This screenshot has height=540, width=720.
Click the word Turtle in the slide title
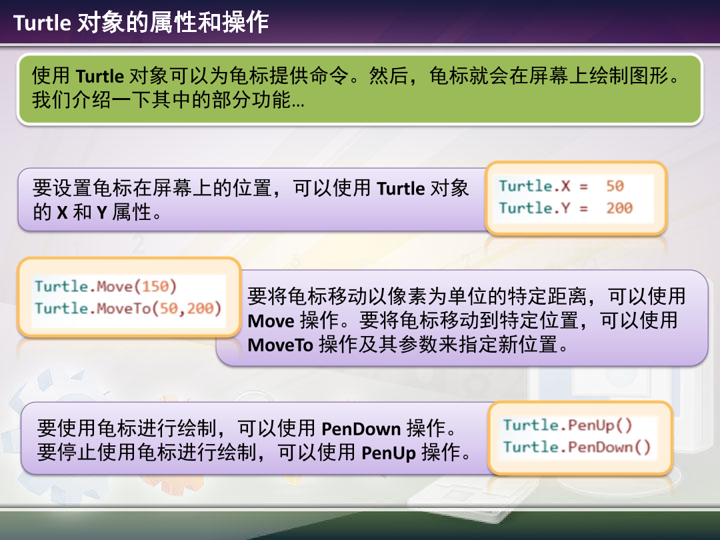coord(42,23)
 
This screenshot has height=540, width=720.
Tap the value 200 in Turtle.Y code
coord(619,208)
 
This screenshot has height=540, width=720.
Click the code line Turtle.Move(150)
coord(105,287)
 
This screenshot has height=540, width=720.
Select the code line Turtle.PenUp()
coord(567,425)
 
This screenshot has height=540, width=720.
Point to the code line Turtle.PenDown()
coord(576,447)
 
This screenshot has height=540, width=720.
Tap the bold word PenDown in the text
coord(361,429)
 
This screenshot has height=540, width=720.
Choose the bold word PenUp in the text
coord(388,454)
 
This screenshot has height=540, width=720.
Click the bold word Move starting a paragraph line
coord(271,321)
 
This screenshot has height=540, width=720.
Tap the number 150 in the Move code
coord(156,287)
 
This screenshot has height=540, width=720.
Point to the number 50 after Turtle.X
coord(615,186)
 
